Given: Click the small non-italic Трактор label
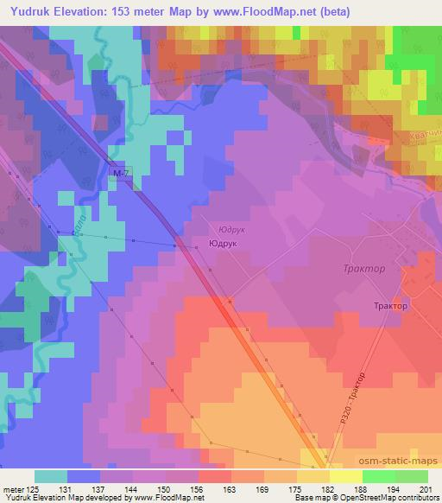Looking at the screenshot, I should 390,305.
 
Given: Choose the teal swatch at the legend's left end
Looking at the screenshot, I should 50,476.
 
